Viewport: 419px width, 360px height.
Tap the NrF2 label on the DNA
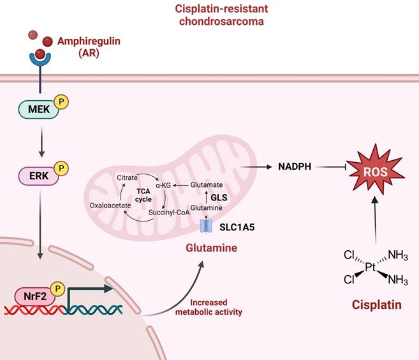point(29,296)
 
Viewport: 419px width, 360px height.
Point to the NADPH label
point(294,167)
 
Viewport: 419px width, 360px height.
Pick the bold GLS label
point(219,198)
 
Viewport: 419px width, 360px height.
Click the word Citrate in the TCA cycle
point(126,176)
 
